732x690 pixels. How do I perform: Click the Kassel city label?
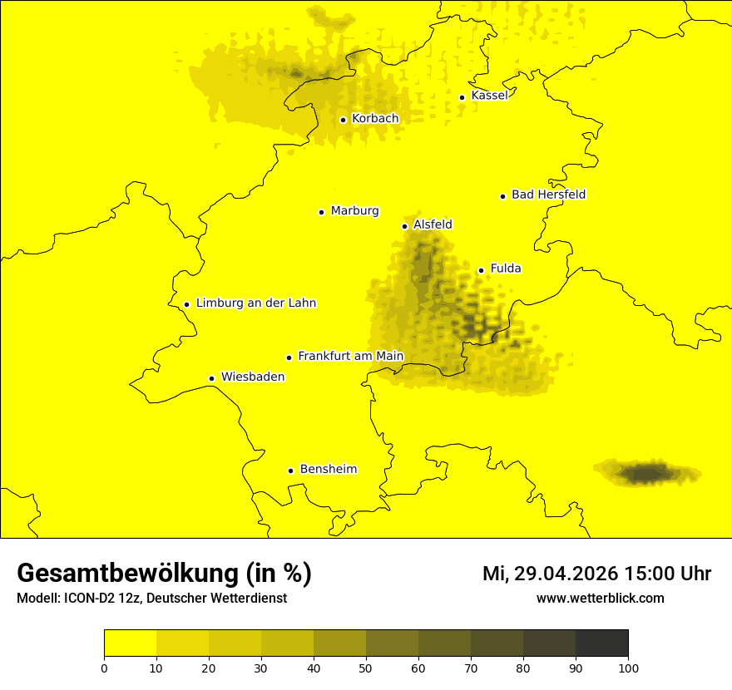[489, 96]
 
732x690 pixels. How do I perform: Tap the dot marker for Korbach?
[343, 120]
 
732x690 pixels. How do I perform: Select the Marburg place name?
[354, 211]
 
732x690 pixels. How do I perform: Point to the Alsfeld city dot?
[405, 226]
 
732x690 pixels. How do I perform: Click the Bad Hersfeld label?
[548, 195]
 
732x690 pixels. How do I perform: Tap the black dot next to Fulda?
[481, 270]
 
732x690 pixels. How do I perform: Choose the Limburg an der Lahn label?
[256, 303]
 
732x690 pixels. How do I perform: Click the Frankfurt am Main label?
[350, 356]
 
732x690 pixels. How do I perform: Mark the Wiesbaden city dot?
[212, 378]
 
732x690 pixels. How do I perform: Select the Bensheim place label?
[328, 469]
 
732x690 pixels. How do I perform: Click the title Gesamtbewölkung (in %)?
[164, 574]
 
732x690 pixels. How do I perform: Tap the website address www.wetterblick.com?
[600, 598]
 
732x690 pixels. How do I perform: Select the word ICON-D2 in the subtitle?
[87, 598]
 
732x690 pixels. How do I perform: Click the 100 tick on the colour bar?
[628, 667]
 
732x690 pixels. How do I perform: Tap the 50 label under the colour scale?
[366, 667]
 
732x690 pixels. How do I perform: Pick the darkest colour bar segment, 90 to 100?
[601, 643]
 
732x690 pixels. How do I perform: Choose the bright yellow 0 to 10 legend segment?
[130, 643]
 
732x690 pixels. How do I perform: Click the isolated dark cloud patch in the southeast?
[645, 474]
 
